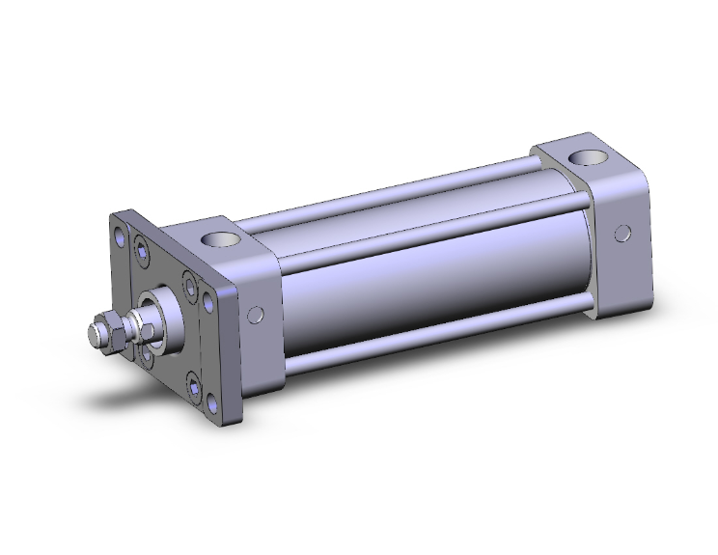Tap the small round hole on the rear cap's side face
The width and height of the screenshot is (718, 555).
click(x=624, y=233)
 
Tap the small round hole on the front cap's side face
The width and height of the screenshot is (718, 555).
click(x=256, y=314)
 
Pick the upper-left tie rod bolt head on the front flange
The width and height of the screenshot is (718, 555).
click(x=143, y=252)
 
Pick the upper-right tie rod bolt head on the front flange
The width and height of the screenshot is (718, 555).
click(x=188, y=287)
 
